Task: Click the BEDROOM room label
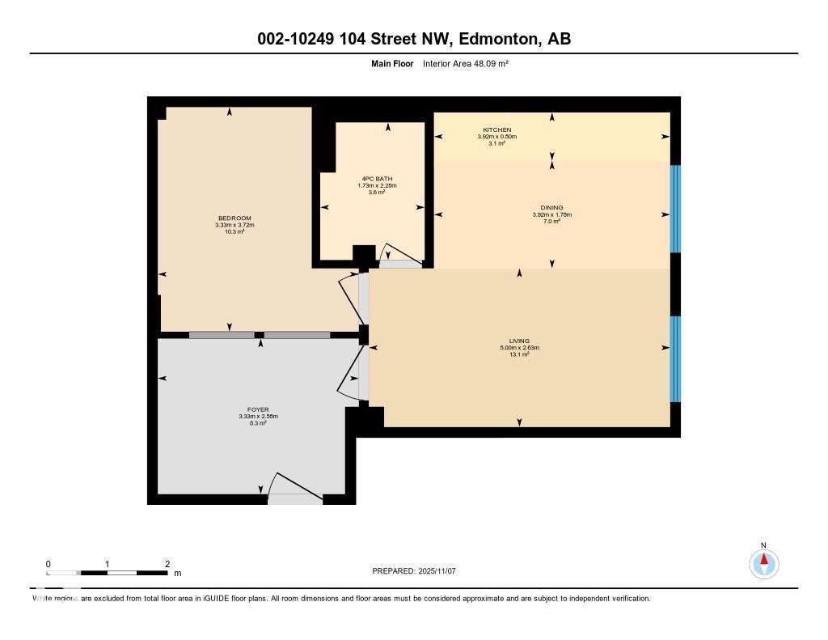point(234,218)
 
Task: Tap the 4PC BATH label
point(377,179)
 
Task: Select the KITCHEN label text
point(496,130)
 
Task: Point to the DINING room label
point(552,208)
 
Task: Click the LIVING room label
point(519,341)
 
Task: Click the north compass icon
point(763,562)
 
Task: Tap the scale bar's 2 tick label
point(167,564)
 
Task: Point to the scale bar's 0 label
point(49,564)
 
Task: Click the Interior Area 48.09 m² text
point(465,63)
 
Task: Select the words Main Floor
point(392,63)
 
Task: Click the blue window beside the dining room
point(675,209)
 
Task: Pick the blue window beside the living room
point(675,358)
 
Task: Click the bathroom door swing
point(401,256)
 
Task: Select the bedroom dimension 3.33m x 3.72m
point(234,225)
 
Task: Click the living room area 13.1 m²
point(519,354)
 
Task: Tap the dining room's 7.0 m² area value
point(552,221)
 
